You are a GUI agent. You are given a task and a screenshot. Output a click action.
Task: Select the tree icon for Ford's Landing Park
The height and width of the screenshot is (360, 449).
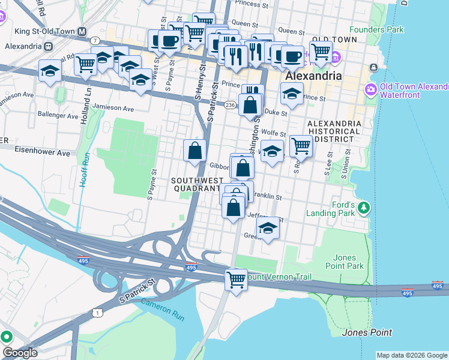click(x=363, y=208)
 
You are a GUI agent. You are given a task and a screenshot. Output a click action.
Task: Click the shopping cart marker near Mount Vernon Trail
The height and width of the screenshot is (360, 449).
click(x=236, y=280)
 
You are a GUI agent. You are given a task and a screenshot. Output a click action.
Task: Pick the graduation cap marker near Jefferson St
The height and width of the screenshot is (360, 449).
click(x=268, y=228)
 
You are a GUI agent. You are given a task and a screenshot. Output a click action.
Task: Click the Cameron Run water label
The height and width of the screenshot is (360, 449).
click(x=162, y=310)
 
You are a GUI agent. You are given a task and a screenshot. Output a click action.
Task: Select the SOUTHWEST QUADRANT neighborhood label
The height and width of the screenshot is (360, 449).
click(x=195, y=184)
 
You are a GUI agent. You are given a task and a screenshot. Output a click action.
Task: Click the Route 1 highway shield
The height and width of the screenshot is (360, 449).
click(x=98, y=312)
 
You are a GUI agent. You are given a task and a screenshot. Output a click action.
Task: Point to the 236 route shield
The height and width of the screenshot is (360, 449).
click(x=229, y=104)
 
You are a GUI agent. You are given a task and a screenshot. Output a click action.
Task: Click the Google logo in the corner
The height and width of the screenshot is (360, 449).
click(x=20, y=353)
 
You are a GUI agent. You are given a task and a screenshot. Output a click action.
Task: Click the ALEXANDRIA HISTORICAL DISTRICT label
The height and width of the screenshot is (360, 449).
click(x=334, y=131)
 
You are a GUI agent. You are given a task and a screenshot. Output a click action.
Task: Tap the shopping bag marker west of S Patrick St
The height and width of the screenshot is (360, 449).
click(x=194, y=151)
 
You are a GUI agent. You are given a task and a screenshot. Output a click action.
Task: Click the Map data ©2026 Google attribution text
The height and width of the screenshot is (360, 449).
click(x=411, y=355)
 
